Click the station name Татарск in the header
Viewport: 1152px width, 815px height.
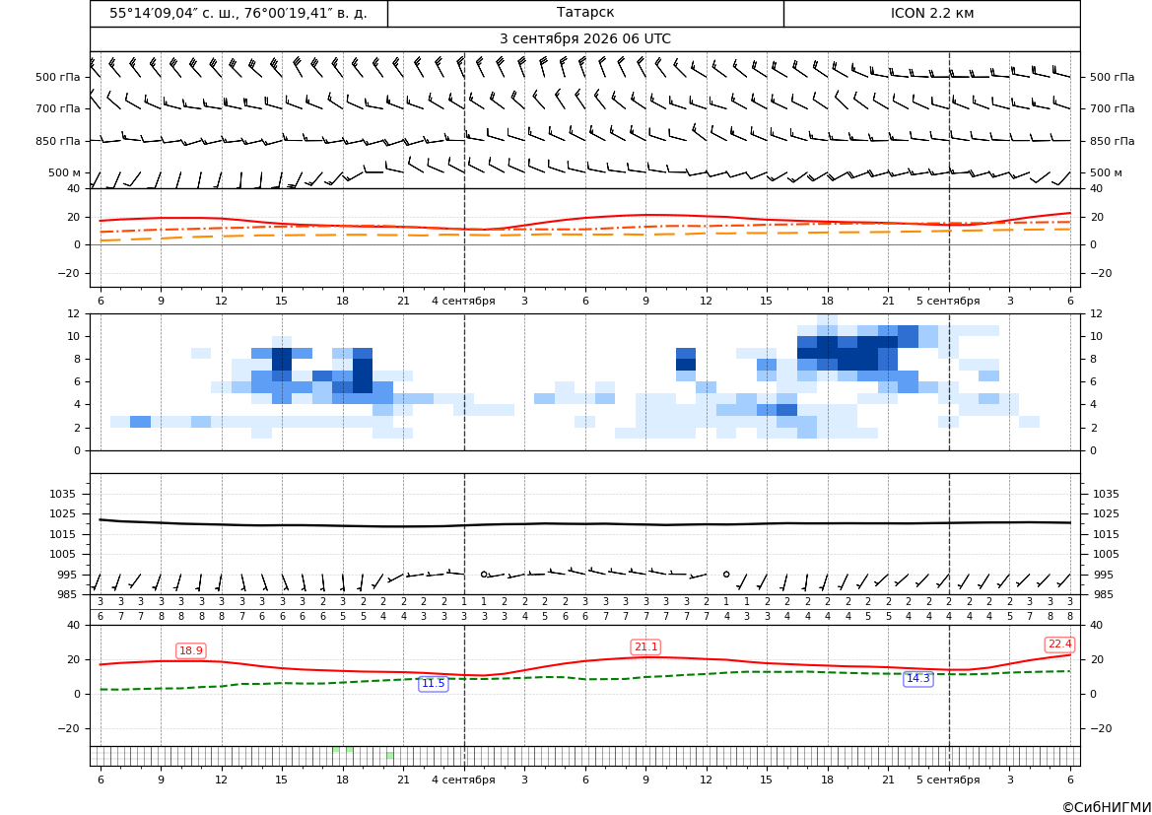[584, 13]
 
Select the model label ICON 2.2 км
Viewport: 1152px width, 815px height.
[931, 13]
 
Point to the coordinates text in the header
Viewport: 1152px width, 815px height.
[238, 13]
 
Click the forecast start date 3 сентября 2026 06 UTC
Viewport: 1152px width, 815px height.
[584, 39]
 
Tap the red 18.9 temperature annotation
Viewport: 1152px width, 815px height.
[191, 651]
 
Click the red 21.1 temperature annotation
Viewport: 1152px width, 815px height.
[645, 646]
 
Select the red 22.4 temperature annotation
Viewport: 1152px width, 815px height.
[1059, 645]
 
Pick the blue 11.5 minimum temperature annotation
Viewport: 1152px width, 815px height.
[433, 684]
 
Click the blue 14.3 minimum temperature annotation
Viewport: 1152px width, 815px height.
[917, 678]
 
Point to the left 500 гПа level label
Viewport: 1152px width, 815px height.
[57, 77]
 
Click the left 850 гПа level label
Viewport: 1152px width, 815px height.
[57, 141]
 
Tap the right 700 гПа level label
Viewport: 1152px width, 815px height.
[1112, 108]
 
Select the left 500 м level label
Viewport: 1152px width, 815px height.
[64, 172]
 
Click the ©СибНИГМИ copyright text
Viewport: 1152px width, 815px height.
[1107, 807]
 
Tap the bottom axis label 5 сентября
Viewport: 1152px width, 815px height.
[948, 780]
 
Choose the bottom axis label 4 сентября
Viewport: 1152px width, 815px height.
[463, 780]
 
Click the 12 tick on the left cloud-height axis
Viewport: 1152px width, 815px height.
[74, 313]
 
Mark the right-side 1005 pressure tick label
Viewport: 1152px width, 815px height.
[1106, 554]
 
